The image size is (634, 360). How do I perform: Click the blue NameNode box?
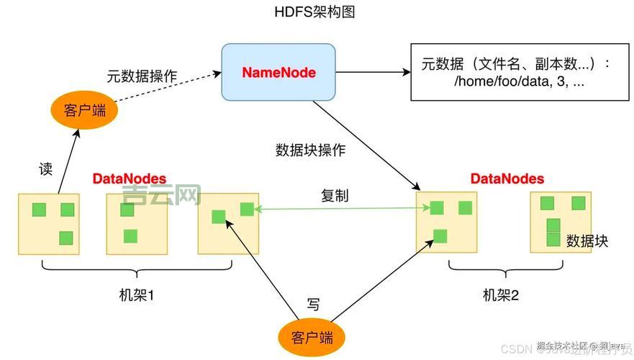[x=278, y=72]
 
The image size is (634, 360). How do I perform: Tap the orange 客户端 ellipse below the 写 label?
[x=312, y=338]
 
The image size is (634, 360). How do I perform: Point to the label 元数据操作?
[x=142, y=76]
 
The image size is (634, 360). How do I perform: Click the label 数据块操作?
[x=310, y=150]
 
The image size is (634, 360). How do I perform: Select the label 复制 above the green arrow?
[x=335, y=196]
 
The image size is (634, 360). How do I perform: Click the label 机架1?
[x=137, y=295]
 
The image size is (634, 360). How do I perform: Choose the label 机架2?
[x=501, y=295]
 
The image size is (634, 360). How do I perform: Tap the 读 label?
[x=45, y=170]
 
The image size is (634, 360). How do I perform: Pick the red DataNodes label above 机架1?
[x=129, y=179]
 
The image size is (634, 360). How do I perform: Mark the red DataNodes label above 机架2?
[x=507, y=179]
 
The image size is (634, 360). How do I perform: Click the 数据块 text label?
[x=587, y=241]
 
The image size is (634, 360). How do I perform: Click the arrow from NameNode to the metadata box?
[x=373, y=72]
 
